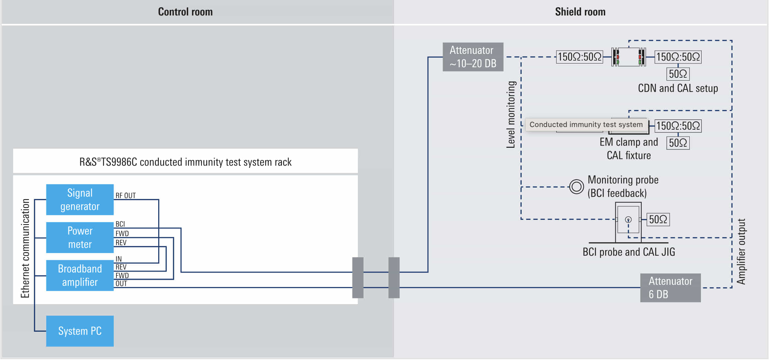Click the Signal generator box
pyautogui.click(x=80, y=199)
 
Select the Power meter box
pyautogui.click(x=80, y=237)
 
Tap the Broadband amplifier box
pyautogui.click(x=80, y=275)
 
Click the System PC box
pyautogui.click(x=80, y=331)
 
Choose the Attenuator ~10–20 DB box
pyautogui.click(x=473, y=57)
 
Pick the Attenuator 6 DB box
pyautogui.click(x=670, y=288)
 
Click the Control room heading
pyautogui.click(x=185, y=12)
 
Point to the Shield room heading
pyautogui.click(x=580, y=12)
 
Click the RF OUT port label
pyautogui.click(x=125, y=195)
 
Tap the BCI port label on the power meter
pyautogui.click(x=120, y=224)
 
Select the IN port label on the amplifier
pyautogui.click(x=118, y=259)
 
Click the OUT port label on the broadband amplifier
pyautogui.click(x=121, y=284)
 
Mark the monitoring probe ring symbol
pyautogui.click(x=576, y=187)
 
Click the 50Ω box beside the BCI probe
pyautogui.click(x=658, y=219)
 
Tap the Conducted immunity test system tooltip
pyautogui.click(x=586, y=125)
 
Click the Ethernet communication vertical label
pyautogui.click(x=25, y=248)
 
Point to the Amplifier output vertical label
pyautogui.click(x=741, y=251)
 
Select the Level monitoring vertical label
pyautogui.click(x=511, y=115)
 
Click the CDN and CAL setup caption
pyautogui.click(x=678, y=88)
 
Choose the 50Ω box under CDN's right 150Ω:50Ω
pyautogui.click(x=678, y=74)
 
